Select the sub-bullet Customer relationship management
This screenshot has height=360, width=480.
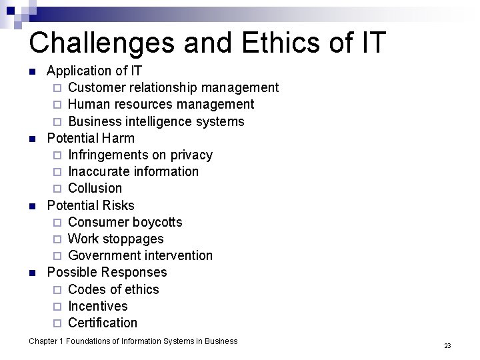173,87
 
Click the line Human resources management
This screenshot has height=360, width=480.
161,104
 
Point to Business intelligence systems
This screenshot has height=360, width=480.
156,121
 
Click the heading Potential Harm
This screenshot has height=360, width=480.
91,138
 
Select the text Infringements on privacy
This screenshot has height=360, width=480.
140,155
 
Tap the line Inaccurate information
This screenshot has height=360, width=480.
133,171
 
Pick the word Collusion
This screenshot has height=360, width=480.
95,188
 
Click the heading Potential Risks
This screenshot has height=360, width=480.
91,205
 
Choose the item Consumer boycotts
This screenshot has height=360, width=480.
125,222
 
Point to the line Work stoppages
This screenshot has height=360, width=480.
116,239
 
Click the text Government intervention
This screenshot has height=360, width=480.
141,255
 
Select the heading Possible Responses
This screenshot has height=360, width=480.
107,272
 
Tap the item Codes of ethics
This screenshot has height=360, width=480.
114,289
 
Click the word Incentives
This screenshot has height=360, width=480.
98,306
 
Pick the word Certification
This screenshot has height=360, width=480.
103,323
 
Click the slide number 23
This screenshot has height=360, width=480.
447,345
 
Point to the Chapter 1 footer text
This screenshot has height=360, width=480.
133,341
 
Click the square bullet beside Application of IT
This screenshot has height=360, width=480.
32,71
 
